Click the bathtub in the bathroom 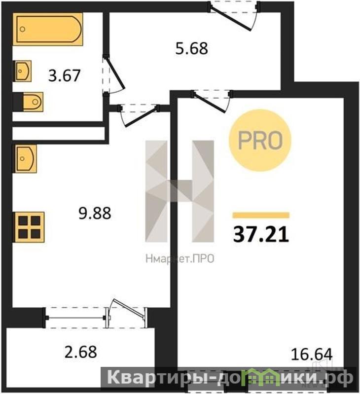(x=48, y=29)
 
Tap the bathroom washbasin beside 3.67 (x=23, y=71)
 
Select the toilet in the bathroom (x=33, y=102)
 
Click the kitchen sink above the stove (x=25, y=159)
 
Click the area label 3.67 (x=64, y=75)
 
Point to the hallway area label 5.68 (x=191, y=48)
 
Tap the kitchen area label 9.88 (x=95, y=214)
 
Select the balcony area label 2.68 (x=81, y=352)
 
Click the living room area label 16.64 (x=312, y=354)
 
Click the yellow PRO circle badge (x=260, y=140)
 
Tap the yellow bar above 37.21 (x=261, y=215)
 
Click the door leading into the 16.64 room (x=212, y=101)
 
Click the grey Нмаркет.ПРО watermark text (x=180, y=259)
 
